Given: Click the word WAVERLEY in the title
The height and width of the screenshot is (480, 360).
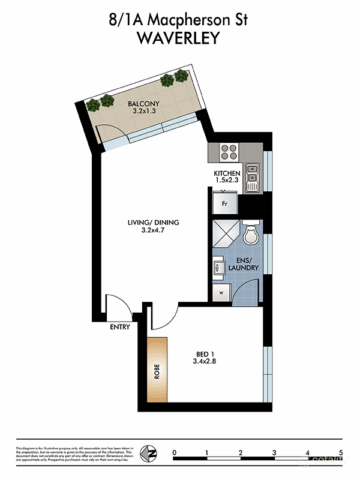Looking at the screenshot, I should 179,37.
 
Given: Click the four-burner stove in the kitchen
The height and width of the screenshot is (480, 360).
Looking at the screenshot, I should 229,152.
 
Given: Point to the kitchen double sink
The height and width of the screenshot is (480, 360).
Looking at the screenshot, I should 253,176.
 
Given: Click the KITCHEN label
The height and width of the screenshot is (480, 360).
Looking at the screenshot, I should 227,174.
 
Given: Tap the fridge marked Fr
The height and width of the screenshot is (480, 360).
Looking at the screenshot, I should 224,203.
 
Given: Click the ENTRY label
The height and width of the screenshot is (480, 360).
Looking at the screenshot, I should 120,327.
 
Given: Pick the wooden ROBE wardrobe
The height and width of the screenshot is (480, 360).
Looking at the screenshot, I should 157,370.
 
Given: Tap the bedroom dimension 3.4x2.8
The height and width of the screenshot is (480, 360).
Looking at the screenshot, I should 203,361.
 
